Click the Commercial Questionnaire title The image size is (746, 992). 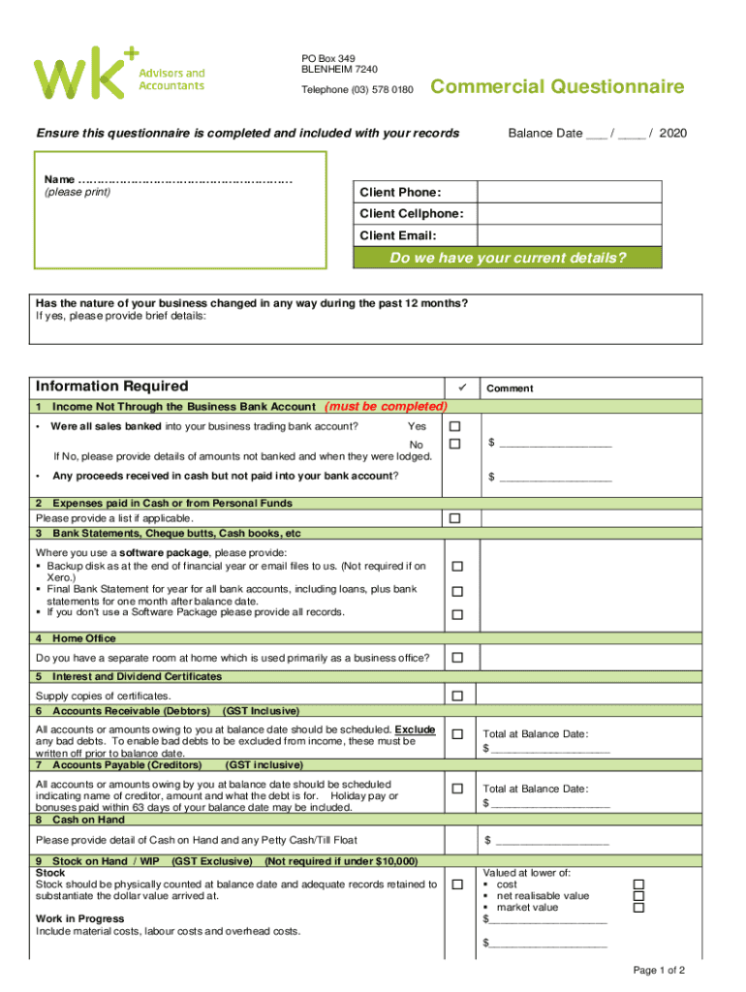[x=557, y=88]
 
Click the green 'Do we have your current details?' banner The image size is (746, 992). [x=507, y=258]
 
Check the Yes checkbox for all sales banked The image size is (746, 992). [x=455, y=426]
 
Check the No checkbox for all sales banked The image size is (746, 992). [x=455, y=444]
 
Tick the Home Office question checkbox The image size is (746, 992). [x=455, y=658]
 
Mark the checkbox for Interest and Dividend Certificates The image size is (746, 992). [x=455, y=696]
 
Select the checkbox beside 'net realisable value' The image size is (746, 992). [x=637, y=896]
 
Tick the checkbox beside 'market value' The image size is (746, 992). [x=637, y=908]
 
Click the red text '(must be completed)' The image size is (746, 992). [x=387, y=406]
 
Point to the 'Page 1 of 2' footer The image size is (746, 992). [x=659, y=970]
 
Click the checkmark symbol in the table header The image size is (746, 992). [x=461, y=387]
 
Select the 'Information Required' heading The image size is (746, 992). [x=112, y=386]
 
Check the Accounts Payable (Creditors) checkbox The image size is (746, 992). [x=455, y=789]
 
